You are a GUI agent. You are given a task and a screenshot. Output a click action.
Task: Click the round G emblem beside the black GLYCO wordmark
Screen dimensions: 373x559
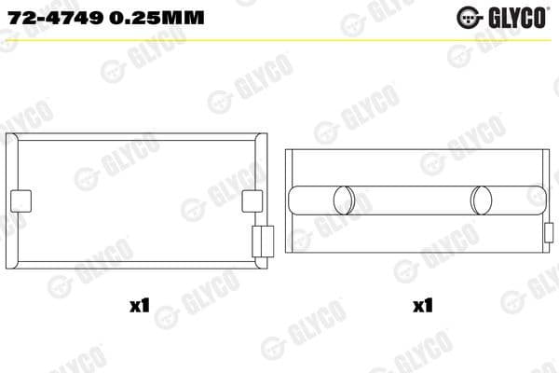point(469,17)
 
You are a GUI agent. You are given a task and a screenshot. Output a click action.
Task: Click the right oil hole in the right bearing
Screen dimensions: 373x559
point(483,200)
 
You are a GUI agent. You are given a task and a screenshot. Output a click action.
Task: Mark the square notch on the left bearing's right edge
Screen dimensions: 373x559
point(252,201)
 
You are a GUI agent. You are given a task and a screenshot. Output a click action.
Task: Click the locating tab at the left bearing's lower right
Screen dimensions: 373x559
point(261,240)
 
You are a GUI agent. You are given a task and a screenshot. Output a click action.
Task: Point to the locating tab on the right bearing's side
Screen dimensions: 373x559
point(542,232)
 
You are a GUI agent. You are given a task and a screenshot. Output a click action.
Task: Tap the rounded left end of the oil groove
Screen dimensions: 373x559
point(295,200)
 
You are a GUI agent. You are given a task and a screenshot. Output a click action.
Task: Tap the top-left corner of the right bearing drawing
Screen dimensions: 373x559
point(287,149)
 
